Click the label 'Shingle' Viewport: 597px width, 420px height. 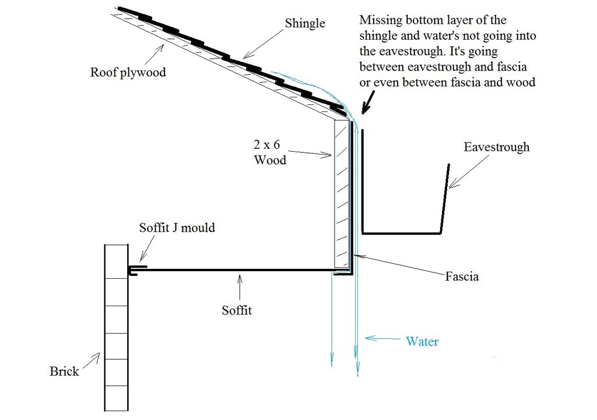click(305, 24)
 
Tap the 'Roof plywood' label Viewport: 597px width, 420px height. click(128, 72)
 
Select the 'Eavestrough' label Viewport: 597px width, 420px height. click(497, 146)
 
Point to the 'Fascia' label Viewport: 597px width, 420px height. click(461, 275)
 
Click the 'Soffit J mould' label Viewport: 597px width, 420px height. click(177, 228)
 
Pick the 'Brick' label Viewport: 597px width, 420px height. click(64, 371)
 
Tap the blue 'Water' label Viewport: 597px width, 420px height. click(422, 341)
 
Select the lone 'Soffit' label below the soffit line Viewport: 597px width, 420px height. click(237, 310)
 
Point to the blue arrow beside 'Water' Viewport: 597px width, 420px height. click(380, 338)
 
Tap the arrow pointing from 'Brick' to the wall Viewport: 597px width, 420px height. click(91, 361)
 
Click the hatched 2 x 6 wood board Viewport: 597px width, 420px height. click(340, 192)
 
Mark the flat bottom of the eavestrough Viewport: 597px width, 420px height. click(401, 233)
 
